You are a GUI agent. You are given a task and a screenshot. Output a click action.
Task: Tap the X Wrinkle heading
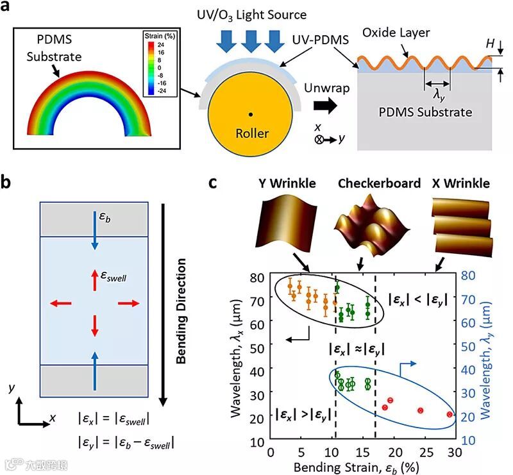[459, 184]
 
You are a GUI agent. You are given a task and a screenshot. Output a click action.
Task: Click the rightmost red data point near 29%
[450, 415]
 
